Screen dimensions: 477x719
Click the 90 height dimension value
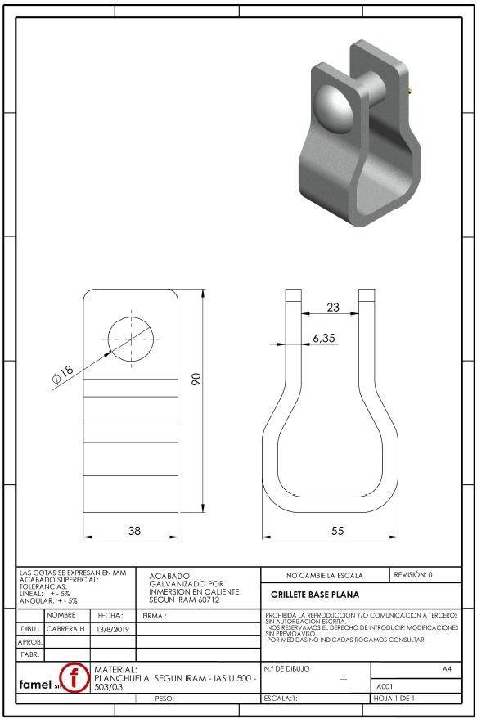[x=196, y=379]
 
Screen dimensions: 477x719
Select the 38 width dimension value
[x=134, y=531]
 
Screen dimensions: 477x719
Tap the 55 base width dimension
[x=337, y=531]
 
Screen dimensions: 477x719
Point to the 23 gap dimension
[x=333, y=307]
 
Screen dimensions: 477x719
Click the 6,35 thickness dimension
[x=324, y=338]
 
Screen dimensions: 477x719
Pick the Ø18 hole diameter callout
[x=63, y=374]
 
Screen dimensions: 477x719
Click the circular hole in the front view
[x=131, y=339]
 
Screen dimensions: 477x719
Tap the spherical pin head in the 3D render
[x=333, y=109]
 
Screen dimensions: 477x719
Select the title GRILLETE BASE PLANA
[x=315, y=595]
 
